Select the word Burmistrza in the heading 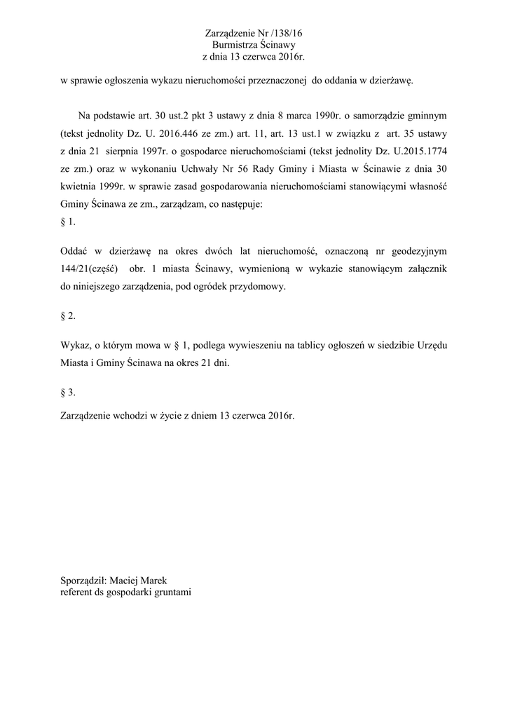235,44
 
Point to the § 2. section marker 68,316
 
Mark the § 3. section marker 68,392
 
